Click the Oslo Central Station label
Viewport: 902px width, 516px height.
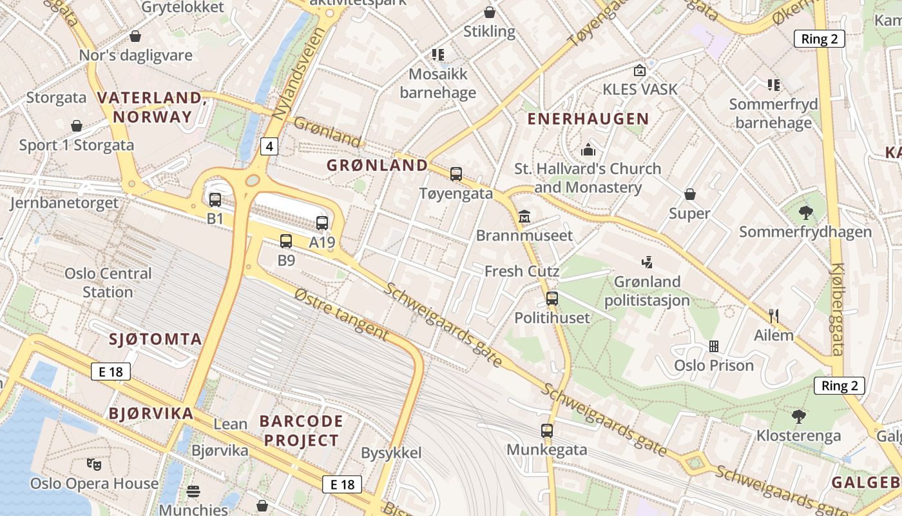coord(108,283)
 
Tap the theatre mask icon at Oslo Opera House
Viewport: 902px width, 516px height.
coord(94,463)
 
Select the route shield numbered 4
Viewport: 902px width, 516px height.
coord(269,147)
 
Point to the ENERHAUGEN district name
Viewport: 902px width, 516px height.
coord(588,119)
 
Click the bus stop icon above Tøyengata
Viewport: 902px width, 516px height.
coord(456,174)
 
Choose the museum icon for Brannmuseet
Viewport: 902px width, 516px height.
coord(524,215)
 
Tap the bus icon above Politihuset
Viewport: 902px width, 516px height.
coord(552,298)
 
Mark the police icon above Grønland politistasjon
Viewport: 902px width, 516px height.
coord(647,262)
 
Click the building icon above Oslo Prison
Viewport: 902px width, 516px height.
coord(714,346)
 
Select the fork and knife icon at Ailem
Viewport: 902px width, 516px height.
coord(774,316)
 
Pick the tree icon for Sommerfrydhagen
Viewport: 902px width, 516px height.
coord(805,212)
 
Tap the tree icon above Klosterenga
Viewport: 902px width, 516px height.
coord(799,417)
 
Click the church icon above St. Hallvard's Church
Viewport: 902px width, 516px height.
coord(588,150)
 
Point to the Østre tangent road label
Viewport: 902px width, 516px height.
coord(341,314)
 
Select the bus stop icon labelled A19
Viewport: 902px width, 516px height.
coord(322,223)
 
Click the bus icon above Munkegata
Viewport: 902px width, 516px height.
coord(547,430)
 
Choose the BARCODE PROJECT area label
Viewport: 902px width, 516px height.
coord(300,431)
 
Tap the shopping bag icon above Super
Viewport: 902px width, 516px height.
coord(690,194)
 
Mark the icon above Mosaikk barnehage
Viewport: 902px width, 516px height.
coord(438,54)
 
